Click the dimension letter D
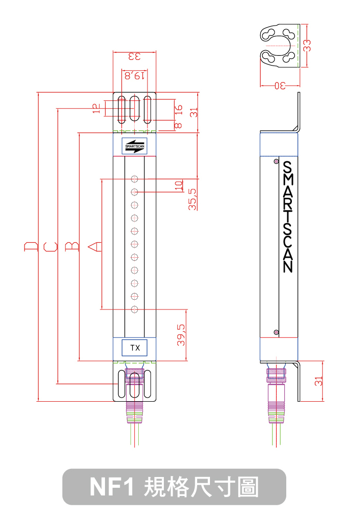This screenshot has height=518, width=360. (x=31, y=247)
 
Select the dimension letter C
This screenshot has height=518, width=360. (x=50, y=247)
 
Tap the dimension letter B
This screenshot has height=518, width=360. (x=72, y=247)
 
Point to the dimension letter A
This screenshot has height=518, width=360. (x=95, y=247)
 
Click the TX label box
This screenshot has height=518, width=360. (x=135, y=348)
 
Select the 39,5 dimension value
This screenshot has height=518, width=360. (x=181, y=335)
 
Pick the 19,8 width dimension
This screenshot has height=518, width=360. (x=134, y=75)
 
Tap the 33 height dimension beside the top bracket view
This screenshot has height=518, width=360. (x=307, y=45)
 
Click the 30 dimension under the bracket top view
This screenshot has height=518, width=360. (x=279, y=86)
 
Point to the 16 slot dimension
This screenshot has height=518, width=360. (x=179, y=110)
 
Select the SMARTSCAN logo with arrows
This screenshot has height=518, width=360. (x=135, y=146)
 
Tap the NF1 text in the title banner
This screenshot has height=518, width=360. (x=111, y=487)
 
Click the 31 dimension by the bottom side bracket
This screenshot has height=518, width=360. (x=319, y=381)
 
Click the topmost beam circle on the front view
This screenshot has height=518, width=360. (x=135, y=179)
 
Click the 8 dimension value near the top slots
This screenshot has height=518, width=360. (x=178, y=125)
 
